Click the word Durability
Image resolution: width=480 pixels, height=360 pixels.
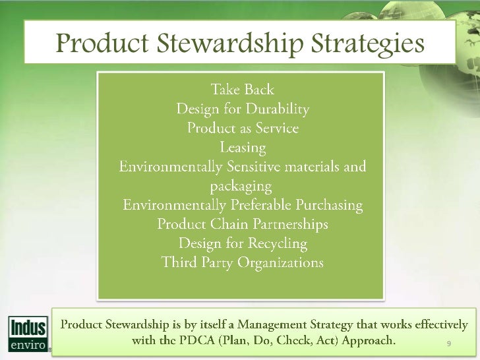(x=276, y=107)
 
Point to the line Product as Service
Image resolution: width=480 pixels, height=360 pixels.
(x=243, y=127)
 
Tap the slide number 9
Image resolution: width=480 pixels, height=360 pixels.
(x=448, y=344)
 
